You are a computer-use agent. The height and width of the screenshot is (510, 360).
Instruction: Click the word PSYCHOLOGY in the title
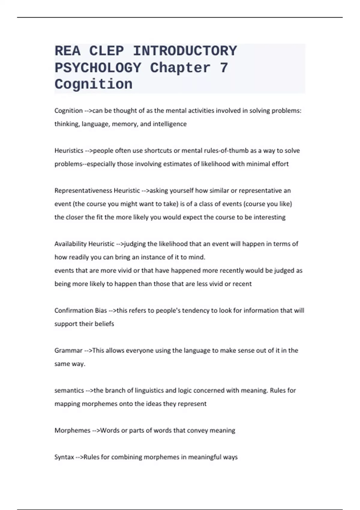tap(98, 68)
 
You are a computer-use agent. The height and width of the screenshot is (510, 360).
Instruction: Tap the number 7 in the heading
tap(224, 68)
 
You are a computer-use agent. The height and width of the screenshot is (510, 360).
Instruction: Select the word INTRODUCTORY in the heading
tap(185, 51)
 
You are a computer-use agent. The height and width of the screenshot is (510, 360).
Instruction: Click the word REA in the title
tap(67, 51)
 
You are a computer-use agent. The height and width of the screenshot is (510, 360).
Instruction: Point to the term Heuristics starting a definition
tap(69, 151)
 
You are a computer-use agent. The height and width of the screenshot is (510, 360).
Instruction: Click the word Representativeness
tap(83, 190)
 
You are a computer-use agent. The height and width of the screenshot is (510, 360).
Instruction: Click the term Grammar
tap(68, 350)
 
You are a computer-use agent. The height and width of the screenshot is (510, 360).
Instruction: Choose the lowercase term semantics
tap(69, 390)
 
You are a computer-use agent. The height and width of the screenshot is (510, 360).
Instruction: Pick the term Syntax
tap(64, 457)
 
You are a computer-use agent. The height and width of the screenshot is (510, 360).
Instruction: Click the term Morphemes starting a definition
tap(72, 430)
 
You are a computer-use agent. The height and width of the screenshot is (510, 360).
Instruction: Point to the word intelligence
tap(169, 124)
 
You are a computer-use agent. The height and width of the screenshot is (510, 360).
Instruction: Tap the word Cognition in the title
tap(93, 85)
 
